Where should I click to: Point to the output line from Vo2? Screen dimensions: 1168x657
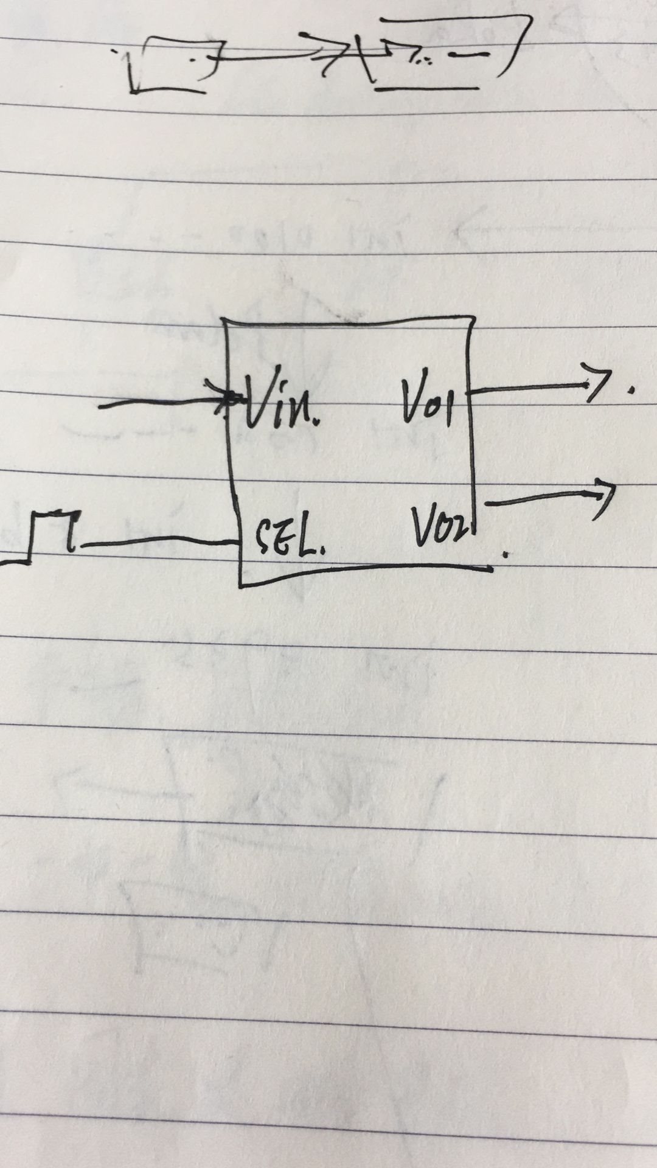click(x=541, y=499)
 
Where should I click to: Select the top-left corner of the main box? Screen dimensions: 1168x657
click(x=226, y=320)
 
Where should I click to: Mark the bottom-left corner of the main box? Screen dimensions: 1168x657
click(x=242, y=584)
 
